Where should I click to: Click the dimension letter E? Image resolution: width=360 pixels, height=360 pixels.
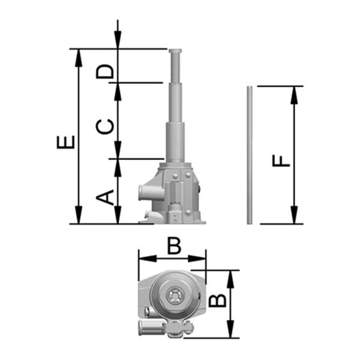66,142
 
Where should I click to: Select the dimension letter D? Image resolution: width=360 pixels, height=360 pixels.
105,71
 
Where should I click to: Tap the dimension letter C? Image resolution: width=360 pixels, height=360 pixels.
105,127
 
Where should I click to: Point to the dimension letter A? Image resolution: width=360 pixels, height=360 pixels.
105,197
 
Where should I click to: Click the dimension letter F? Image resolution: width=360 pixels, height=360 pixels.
281,160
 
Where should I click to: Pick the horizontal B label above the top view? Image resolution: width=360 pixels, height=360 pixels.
174,246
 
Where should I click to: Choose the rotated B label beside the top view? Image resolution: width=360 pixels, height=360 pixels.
217,301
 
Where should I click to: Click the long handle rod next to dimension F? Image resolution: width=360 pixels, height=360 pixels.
250,155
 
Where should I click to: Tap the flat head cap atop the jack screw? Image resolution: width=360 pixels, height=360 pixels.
175,51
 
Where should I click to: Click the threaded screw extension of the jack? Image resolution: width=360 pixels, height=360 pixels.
176,68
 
